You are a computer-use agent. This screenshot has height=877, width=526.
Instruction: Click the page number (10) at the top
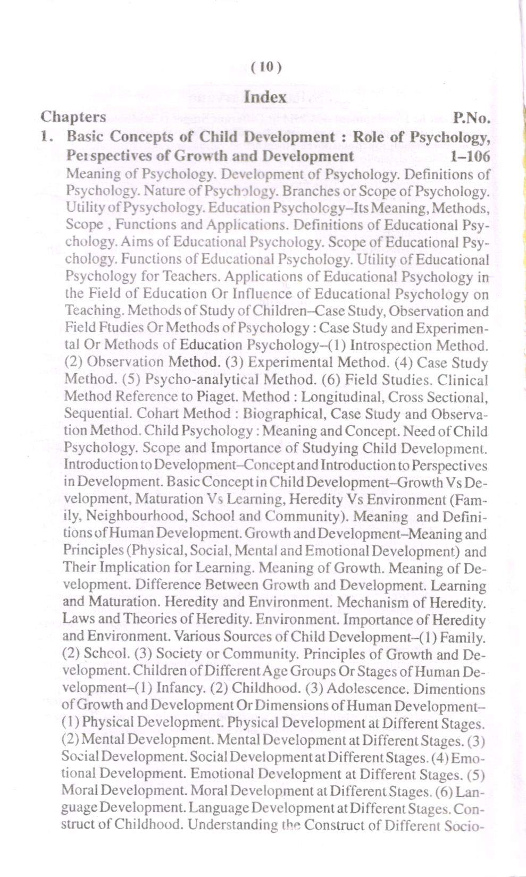tap(265, 67)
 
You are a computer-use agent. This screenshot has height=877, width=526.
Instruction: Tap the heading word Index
tap(265, 97)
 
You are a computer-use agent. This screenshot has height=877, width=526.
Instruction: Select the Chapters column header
tap(73, 117)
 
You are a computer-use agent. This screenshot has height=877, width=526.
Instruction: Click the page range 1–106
tap(469, 156)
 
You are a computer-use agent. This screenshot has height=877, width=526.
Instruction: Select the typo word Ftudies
tap(112, 328)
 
